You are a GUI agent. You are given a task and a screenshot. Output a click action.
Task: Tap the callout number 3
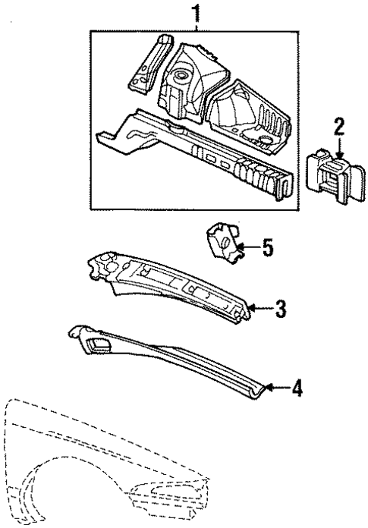click(280, 308)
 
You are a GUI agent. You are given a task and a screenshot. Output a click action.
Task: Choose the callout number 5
click(266, 247)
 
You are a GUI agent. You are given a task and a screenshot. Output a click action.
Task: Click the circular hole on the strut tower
click(181, 77)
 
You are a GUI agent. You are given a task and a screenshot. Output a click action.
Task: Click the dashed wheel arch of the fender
click(46, 493)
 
